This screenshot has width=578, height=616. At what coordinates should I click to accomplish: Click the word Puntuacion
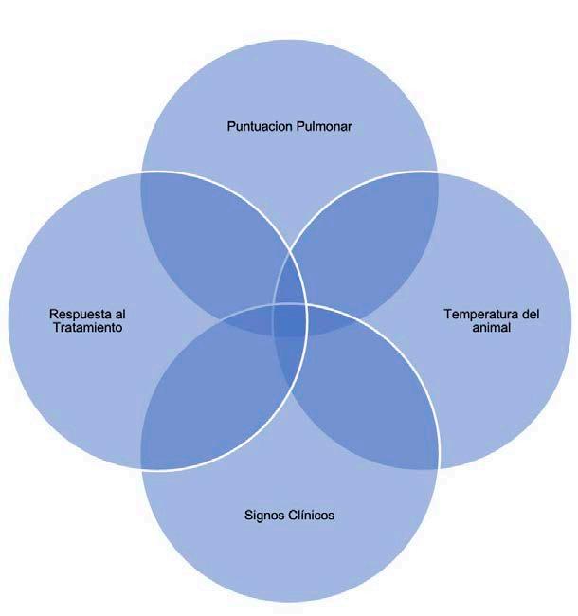(x=259, y=125)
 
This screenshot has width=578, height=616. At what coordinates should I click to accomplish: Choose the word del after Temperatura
(x=530, y=314)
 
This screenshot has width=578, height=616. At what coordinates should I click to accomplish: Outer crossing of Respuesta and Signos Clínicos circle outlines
(x=142, y=468)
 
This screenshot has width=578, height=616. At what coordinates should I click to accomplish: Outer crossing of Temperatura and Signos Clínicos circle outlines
(x=438, y=468)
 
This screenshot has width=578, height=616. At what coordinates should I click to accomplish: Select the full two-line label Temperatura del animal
(x=492, y=320)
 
